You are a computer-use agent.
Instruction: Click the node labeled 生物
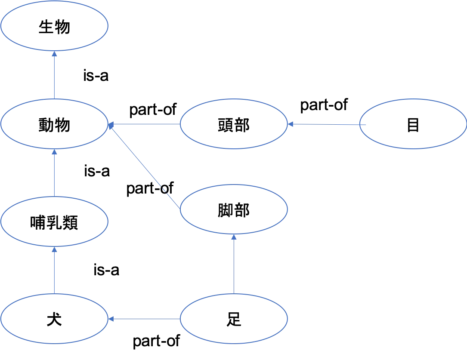click(x=54, y=26)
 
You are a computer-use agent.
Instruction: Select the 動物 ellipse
click(x=54, y=124)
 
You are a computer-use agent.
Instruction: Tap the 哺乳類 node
click(x=54, y=222)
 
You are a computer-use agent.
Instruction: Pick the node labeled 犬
click(x=54, y=319)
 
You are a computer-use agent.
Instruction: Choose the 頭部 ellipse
click(x=234, y=124)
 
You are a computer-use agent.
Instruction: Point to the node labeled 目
click(x=413, y=124)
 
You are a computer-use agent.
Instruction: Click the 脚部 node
click(x=234, y=209)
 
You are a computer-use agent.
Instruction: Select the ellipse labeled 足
click(x=234, y=319)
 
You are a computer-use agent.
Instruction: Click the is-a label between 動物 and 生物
click(x=96, y=76)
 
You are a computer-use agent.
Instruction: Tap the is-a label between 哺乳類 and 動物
click(x=97, y=171)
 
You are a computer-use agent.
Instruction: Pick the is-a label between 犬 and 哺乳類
click(x=106, y=270)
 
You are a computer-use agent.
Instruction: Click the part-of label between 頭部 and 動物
click(x=153, y=110)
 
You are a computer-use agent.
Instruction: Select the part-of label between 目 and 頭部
click(x=324, y=105)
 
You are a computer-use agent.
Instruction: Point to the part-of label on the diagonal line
click(x=150, y=189)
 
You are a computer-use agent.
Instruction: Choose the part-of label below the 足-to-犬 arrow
click(x=156, y=341)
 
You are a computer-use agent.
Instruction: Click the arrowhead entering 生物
click(x=54, y=54)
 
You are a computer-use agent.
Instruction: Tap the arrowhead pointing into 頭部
click(x=291, y=124)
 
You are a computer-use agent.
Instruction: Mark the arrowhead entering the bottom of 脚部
click(x=234, y=237)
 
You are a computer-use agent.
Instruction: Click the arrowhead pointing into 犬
click(x=111, y=319)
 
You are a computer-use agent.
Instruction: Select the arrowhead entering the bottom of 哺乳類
click(x=54, y=249)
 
